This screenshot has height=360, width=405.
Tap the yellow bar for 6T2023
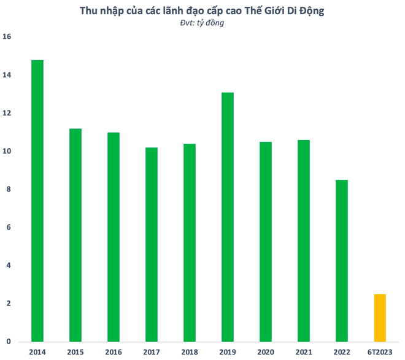380,318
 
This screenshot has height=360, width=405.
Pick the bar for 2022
342,260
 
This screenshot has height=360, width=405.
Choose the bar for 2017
152,245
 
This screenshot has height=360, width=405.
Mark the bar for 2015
75,235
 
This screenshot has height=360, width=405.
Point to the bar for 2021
304,241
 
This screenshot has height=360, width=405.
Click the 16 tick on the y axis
7,37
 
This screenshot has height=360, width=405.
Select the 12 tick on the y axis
7,113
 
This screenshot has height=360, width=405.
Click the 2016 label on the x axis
114,352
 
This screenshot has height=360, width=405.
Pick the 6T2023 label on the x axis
380,352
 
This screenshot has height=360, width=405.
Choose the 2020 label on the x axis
266,352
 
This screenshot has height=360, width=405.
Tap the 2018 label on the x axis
190,352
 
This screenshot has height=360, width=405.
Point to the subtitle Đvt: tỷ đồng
202,23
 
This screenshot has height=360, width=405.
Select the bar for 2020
266,241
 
